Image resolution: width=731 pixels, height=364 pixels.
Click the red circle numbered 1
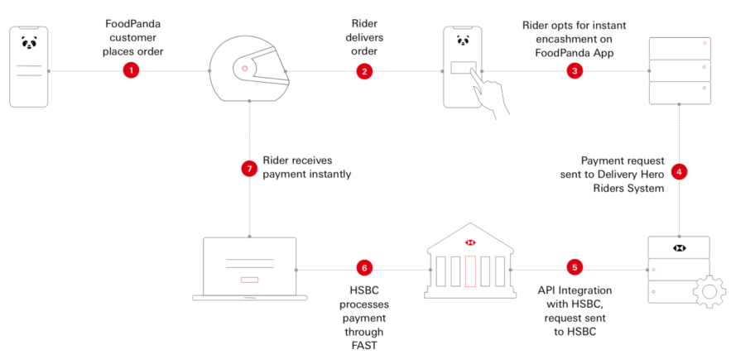click(131, 71)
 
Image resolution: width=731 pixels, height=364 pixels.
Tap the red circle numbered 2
click(364, 71)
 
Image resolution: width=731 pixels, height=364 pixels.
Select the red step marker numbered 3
click(575, 71)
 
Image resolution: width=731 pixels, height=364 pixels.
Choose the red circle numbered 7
click(249, 168)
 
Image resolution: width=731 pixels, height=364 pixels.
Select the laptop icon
click(249, 269)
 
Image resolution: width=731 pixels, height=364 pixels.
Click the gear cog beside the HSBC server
click(708, 291)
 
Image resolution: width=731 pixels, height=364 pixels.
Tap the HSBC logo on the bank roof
click(469, 242)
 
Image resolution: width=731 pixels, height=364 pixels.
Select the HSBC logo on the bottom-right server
click(680, 247)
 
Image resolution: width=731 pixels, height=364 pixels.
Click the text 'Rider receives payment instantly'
click(306, 168)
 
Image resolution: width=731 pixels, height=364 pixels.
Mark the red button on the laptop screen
click(249, 280)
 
